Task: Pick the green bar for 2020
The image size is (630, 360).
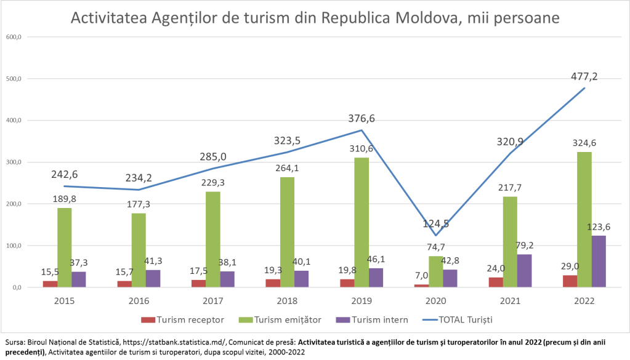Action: point(435,271)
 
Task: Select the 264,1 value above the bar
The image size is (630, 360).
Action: point(287,168)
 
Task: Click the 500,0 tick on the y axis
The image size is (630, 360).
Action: point(14,79)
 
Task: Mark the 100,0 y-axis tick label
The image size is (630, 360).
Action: point(14,246)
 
